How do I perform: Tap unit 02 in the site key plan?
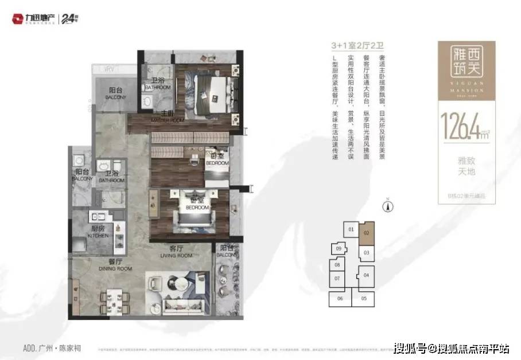point(366,233)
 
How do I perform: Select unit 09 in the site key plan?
point(339,249)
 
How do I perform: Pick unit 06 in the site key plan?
point(340,299)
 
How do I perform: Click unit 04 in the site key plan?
point(366,275)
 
